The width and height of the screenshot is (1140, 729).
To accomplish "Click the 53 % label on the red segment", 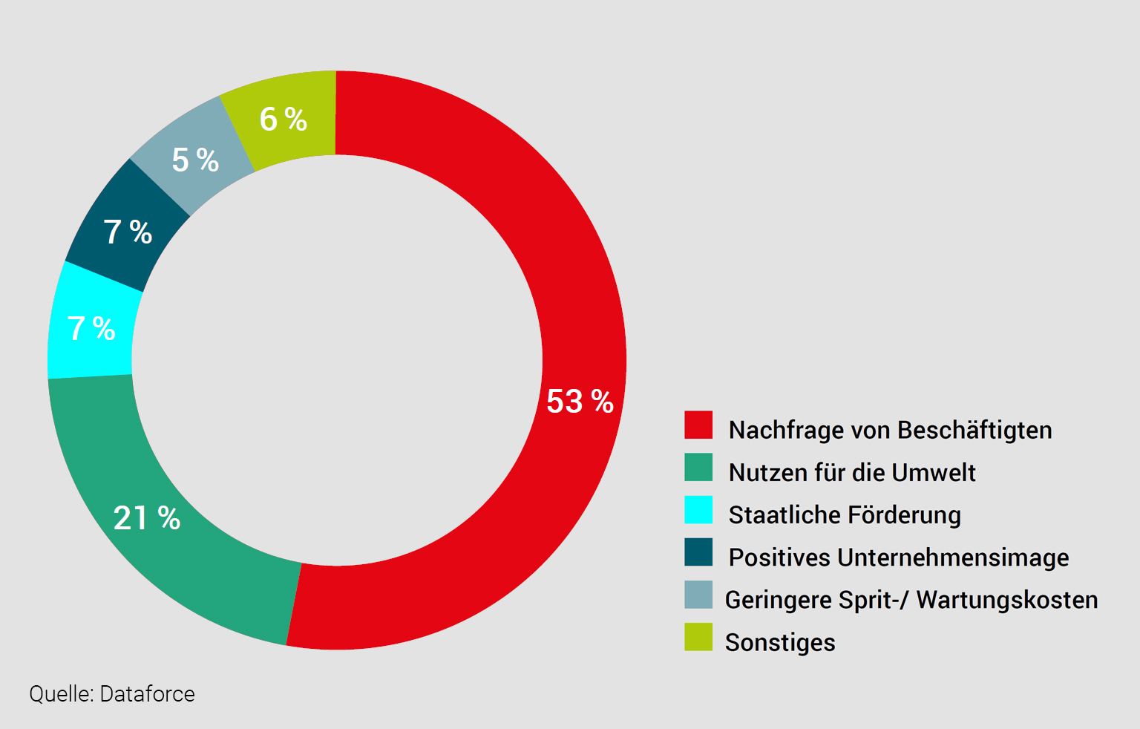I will point(580,402).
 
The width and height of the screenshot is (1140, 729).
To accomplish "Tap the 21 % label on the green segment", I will point(147,518).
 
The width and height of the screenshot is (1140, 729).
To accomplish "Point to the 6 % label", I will point(283,120).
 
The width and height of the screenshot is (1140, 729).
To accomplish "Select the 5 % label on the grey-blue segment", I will point(195,160).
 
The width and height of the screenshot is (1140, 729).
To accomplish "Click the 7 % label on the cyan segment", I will point(91,329).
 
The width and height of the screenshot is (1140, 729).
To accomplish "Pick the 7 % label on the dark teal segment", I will point(128,232).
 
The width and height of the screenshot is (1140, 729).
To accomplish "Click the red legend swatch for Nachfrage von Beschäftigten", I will point(698,425).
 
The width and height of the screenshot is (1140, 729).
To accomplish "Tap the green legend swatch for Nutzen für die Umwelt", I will point(698,468).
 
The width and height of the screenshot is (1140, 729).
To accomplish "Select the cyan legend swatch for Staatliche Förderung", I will point(698,510).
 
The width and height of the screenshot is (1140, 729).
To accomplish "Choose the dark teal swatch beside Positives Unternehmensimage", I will point(698,552).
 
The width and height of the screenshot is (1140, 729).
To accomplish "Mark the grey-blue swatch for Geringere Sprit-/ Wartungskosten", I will point(698,595).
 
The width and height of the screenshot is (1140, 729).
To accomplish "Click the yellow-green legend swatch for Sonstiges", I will point(698,637).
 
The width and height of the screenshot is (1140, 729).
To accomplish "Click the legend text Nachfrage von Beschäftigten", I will point(890,430).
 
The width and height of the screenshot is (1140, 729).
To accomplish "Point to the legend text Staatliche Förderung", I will point(845,514).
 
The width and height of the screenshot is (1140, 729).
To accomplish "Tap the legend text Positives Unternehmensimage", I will point(899,558).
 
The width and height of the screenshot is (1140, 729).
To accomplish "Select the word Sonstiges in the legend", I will point(780,642).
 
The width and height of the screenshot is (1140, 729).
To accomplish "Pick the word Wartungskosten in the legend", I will point(1007,600).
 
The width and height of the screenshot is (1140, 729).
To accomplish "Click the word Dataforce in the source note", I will point(147,694).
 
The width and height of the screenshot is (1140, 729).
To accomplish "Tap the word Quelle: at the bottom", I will point(62,695).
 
